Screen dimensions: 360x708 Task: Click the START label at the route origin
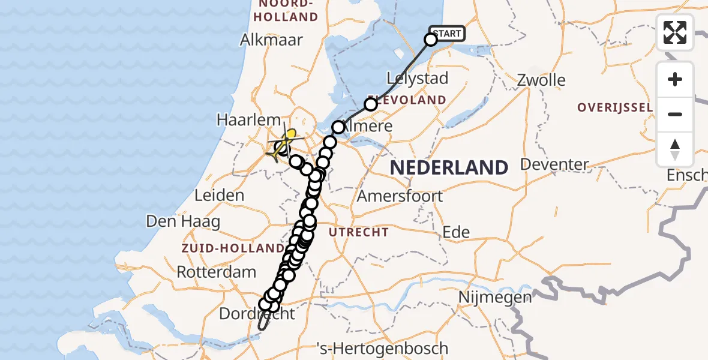tap(447, 34)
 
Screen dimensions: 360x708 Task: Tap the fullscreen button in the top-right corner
tap(675, 32)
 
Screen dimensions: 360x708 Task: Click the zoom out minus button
tap(675, 114)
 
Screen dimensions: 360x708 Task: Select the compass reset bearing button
tap(675, 149)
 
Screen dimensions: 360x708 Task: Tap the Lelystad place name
tap(418, 78)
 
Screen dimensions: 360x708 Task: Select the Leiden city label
tap(220, 195)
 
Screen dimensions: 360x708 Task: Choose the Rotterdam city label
tap(217, 272)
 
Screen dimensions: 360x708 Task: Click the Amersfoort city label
tap(400, 196)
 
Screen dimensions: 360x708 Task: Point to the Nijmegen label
tap(495, 297)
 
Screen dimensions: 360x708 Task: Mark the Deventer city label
tap(554, 164)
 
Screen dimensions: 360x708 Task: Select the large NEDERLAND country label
tap(449, 167)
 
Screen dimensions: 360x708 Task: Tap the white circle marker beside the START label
tap(431, 40)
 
